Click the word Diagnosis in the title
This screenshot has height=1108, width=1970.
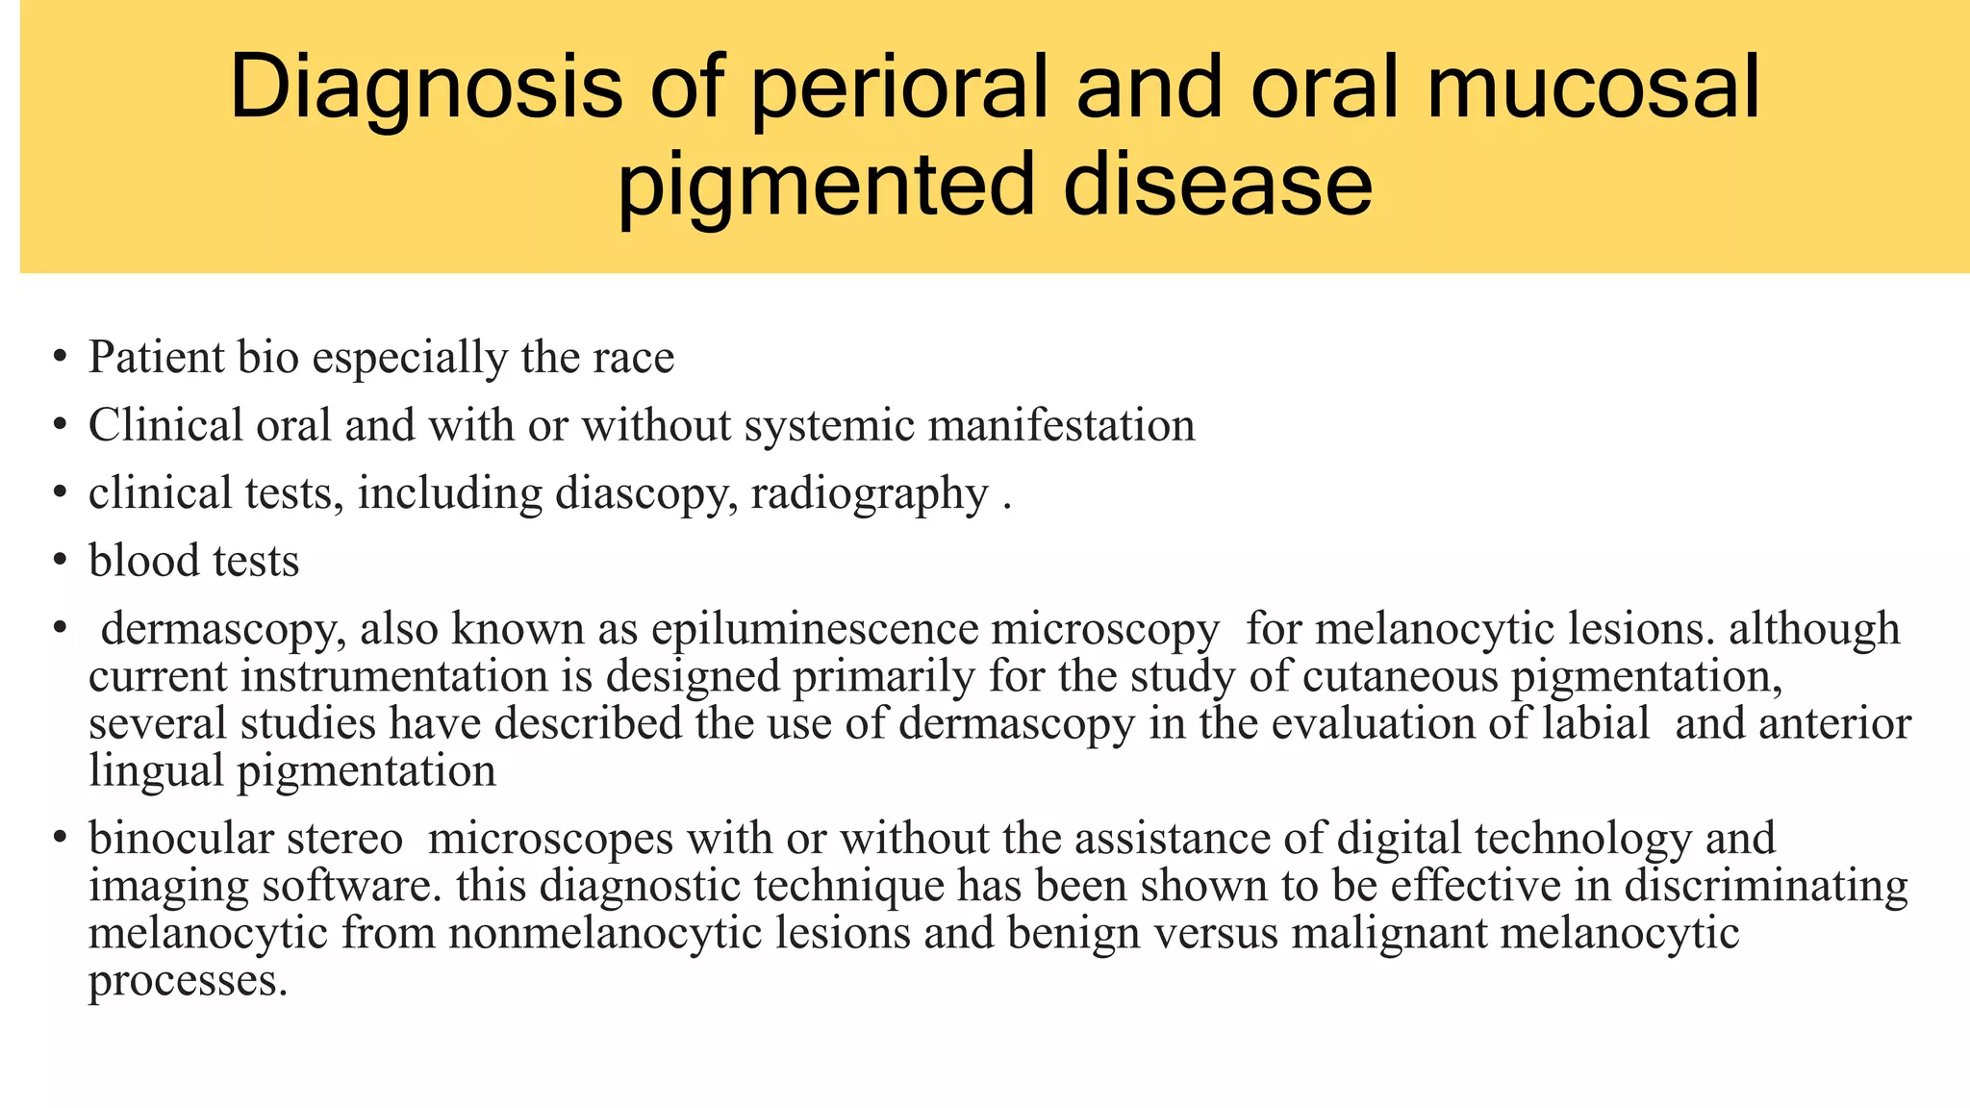pyautogui.click(x=425, y=88)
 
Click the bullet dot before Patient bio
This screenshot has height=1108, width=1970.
pyautogui.click(x=61, y=358)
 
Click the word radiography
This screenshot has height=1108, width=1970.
pyautogui.click(x=869, y=494)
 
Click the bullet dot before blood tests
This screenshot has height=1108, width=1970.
pyautogui.click(x=61, y=561)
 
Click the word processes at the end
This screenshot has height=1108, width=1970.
pyautogui.click(x=187, y=981)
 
